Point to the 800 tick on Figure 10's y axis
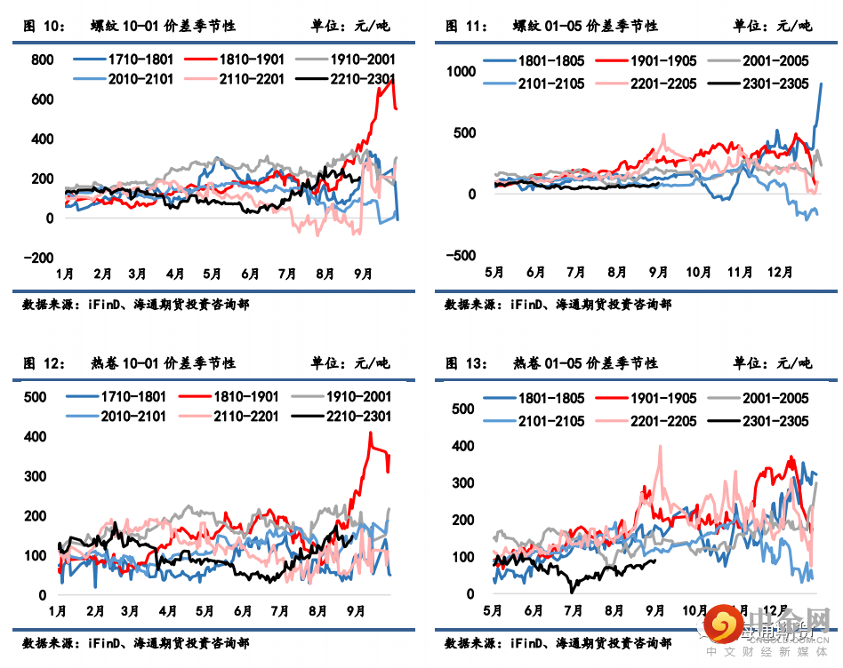pyautogui.click(x=42, y=60)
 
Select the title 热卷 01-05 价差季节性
pyautogui.click(x=585, y=362)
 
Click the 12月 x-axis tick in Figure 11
pyautogui.click(x=780, y=272)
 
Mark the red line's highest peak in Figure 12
pyautogui.click(x=370, y=433)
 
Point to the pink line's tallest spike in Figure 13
pyautogui.click(x=660, y=446)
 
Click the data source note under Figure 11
pyautogui.click(x=558, y=304)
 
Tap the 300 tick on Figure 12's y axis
pyautogui.click(x=35, y=476)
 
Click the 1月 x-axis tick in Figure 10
pyautogui.click(x=65, y=273)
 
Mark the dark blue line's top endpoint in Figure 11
pyautogui.click(x=821, y=83)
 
